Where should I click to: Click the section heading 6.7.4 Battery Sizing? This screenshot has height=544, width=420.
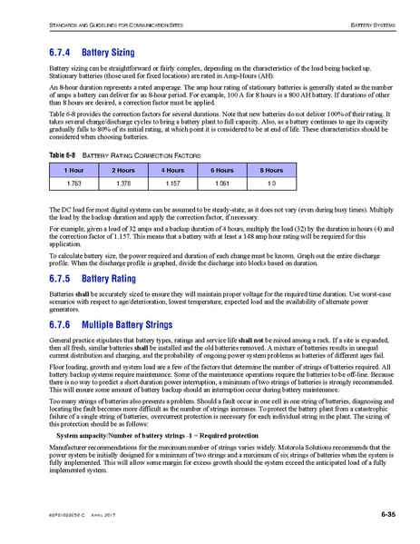[x=91, y=54]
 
